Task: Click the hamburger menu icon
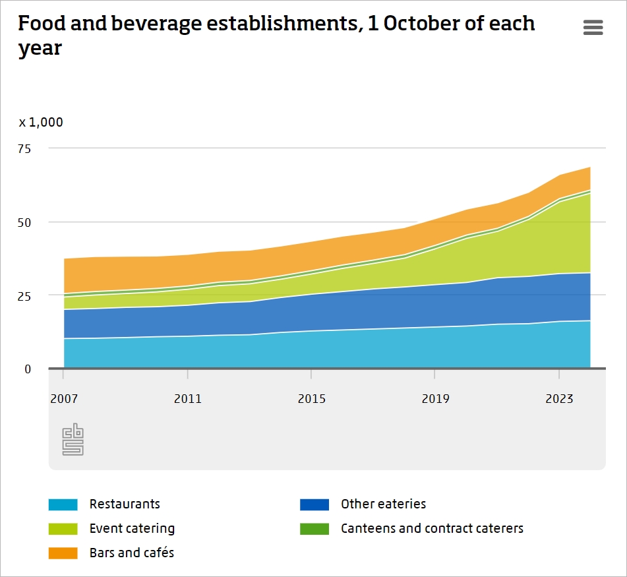pyautogui.click(x=593, y=28)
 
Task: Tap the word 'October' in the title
pyautogui.click(x=419, y=24)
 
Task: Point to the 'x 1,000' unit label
pyautogui.click(x=41, y=122)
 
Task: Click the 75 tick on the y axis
pyautogui.click(x=24, y=148)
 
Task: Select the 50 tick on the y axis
pyautogui.click(x=24, y=222)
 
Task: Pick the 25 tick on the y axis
pyautogui.click(x=24, y=295)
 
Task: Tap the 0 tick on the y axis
pyautogui.click(x=28, y=369)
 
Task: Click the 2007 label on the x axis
pyautogui.click(x=64, y=399)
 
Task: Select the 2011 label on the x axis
pyautogui.click(x=188, y=399)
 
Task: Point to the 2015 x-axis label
pyautogui.click(x=311, y=399)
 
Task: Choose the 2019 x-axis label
pyautogui.click(x=435, y=399)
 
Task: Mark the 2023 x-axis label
pyautogui.click(x=559, y=399)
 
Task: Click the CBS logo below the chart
pyautogui.click(x=73, y=439)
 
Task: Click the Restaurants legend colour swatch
pyautogui.click(x=63, y=504)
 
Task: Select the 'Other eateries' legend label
pyautogui.click(x=383, y=504)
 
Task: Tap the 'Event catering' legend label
pyautogui.click(x=132, y=529)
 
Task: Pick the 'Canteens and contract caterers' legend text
pyautogui.click(x=432, y=529)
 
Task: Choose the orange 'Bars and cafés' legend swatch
pyautogui.click(x=63, y=553)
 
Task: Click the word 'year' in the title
pyautogui.click(x=40, y=49)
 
